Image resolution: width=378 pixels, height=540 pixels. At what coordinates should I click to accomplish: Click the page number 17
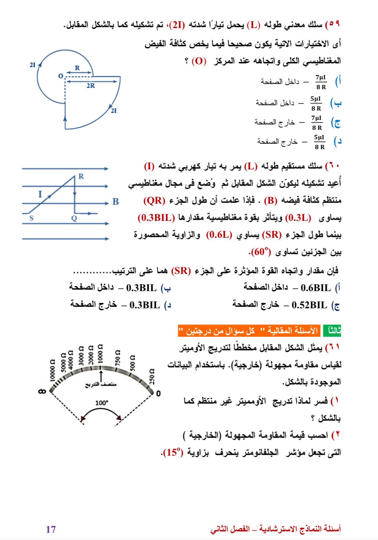(51, 529)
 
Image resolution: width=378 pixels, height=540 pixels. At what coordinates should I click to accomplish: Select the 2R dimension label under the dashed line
(90, 86)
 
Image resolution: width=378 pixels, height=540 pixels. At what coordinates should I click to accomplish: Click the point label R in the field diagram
(81, 177)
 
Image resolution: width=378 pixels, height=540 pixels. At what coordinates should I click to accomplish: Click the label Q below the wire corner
(74, 218)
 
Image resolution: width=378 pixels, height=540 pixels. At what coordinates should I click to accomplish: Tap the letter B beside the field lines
(116, 202)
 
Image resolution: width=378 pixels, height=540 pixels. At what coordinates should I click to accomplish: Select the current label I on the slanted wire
(40, 194)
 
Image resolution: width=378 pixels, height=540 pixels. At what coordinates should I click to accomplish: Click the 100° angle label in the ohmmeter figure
(102, 403)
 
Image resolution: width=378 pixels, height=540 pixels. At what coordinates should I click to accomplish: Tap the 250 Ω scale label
(152, 376)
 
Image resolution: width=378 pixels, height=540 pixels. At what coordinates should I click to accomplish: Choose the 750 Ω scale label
(118, 358)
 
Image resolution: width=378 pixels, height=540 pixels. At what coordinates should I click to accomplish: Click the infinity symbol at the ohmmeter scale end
(42, 392)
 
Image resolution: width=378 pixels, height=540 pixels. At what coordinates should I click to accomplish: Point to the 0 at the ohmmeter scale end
(159, 394)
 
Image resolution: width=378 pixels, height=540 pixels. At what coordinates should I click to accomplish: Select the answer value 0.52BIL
(310, 305)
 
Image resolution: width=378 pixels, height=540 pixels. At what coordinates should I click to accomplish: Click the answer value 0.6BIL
(316, 288)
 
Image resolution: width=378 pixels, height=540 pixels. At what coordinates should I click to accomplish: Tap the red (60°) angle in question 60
(260, 252)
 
